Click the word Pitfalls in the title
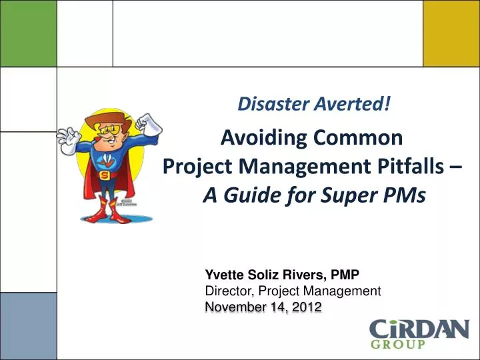[404, 167]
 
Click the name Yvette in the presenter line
[223, 275]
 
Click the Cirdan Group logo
[419, 334]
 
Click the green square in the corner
[28, 33]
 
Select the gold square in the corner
[451, 33]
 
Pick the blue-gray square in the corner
[28, 326]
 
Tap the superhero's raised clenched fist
[144, 123]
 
